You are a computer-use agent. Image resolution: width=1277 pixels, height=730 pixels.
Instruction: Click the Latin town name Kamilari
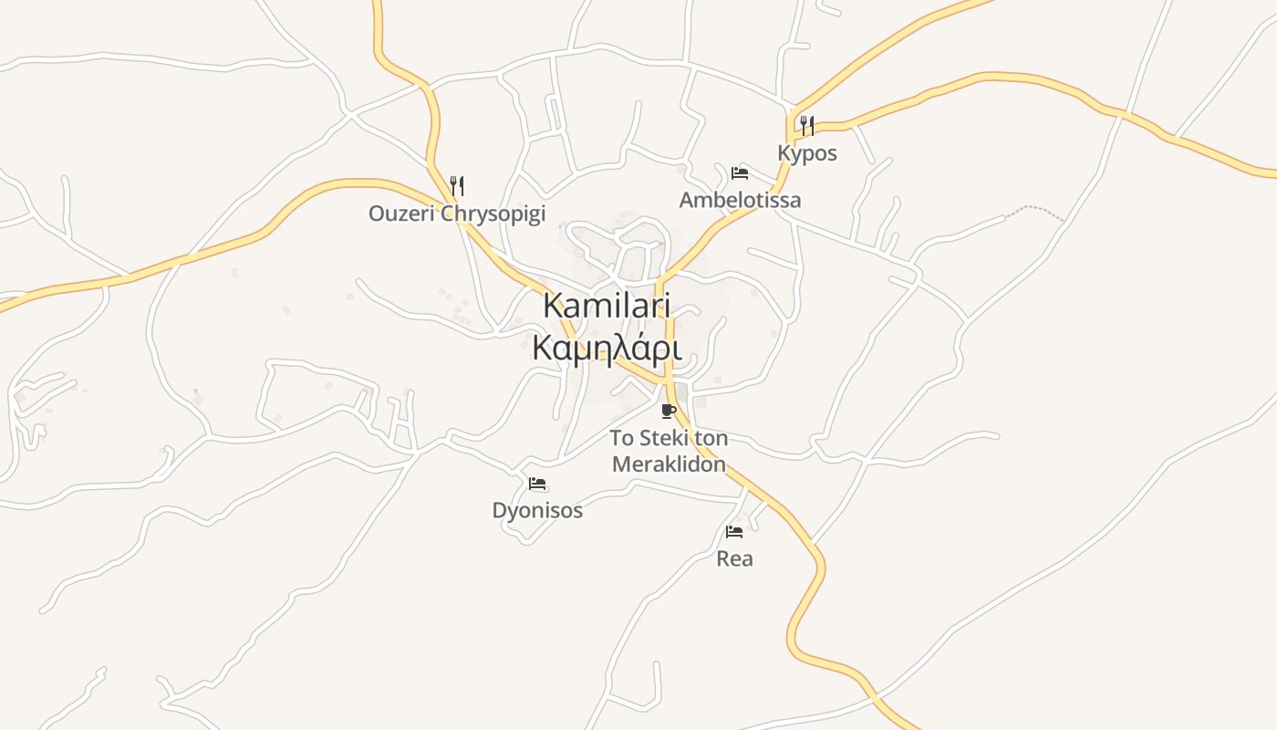point(607,306)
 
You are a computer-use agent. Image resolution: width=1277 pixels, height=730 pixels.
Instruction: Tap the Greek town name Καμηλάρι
point(607,348)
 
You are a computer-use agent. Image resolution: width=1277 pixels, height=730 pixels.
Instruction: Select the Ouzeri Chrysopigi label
point(457,214)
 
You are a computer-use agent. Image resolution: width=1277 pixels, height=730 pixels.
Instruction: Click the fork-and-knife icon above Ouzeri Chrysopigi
point(457,186)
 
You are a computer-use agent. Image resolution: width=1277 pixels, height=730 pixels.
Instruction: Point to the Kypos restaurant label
point(807,153)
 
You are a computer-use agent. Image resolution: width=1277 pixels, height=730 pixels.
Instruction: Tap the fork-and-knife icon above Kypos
point(807,126)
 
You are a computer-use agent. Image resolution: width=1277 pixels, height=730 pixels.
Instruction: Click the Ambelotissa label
point(740,200)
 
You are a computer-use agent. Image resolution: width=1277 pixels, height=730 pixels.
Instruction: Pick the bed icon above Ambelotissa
point(740,173)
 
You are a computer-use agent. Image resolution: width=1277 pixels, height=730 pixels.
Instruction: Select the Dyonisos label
point(537,510)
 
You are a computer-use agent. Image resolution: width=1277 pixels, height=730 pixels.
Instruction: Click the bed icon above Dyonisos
point(537,484)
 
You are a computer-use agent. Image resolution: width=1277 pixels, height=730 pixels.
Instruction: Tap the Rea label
point(734,558)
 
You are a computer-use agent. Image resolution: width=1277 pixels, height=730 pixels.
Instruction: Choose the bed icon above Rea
point(734,531)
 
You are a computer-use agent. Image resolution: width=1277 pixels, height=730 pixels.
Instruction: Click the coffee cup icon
point(669,411)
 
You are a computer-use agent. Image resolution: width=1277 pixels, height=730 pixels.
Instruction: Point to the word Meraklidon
point(669,464)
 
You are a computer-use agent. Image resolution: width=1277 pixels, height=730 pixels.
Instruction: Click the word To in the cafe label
point(622,438)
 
